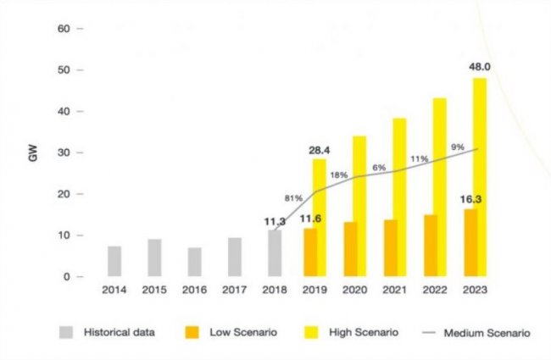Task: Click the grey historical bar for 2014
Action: tap(114, 261)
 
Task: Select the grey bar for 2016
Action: tap(195, 262)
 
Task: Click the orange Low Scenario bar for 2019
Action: tap(309, 252)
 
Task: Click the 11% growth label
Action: tap(418, 158)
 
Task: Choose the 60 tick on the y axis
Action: tap(64, 28)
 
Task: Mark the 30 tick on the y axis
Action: tap(64, 152)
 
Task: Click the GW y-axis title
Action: tap(34, 158)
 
